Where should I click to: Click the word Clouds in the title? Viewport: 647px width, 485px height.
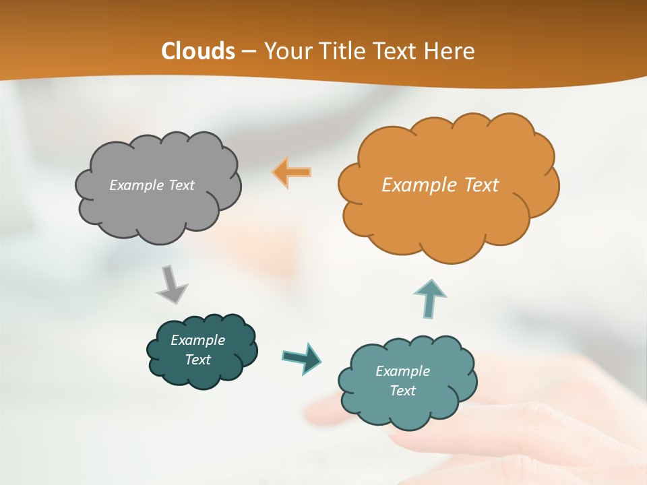198,51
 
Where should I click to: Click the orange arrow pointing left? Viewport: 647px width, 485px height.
292,172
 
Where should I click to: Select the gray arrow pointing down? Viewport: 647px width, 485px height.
171,284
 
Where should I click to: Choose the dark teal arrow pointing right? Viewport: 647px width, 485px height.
301,358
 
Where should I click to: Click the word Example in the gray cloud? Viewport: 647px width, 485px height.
135,185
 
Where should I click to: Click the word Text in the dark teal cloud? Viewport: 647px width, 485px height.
198,360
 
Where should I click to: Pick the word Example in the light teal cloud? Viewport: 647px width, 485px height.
402,371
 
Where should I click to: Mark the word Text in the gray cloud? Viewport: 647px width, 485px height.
180,185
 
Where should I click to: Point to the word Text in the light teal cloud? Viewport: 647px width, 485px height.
402,391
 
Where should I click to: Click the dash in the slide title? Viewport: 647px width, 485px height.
249,52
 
